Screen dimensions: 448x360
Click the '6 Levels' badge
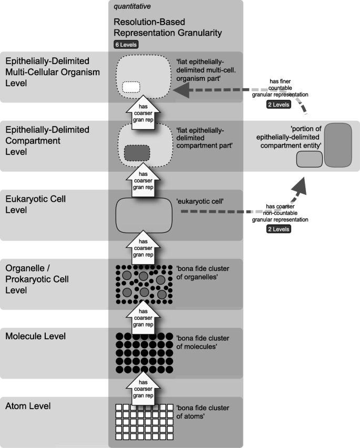126,45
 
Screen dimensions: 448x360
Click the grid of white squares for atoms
144,422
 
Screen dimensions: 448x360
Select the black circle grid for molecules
144,352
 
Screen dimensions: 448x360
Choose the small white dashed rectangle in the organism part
131,87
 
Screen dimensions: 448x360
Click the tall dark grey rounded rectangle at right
338,144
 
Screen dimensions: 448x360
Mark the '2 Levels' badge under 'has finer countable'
279,104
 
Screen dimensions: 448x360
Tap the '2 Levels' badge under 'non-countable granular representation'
279,230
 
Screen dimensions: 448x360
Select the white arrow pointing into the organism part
144,111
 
